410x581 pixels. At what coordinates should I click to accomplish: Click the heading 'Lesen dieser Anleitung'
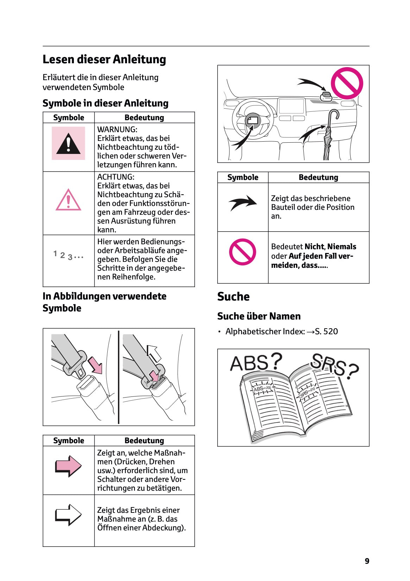(104, 59)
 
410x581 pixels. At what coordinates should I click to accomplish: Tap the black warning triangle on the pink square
(68, 144)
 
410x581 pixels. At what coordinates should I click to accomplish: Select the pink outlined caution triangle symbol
(68, 200)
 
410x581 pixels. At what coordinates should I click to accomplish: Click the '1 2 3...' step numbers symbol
(68, 255)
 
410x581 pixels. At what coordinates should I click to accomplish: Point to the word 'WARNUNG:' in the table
(117, 129)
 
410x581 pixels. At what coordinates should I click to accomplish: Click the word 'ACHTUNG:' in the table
(116, 177)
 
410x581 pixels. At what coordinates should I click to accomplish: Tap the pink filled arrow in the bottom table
(68, 466)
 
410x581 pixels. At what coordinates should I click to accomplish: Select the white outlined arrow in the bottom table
(68, 515)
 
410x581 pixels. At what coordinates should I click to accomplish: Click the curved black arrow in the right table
(243, 203)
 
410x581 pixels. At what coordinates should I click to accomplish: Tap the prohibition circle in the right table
(242, 252)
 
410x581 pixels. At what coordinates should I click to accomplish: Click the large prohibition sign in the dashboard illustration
(347, 83)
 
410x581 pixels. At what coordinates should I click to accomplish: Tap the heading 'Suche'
(233, 297)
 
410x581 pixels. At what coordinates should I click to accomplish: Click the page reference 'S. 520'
(326, 331)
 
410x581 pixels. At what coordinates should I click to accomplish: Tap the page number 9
(367, 561)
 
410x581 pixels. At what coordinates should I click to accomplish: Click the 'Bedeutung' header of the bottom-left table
(144, 440)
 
